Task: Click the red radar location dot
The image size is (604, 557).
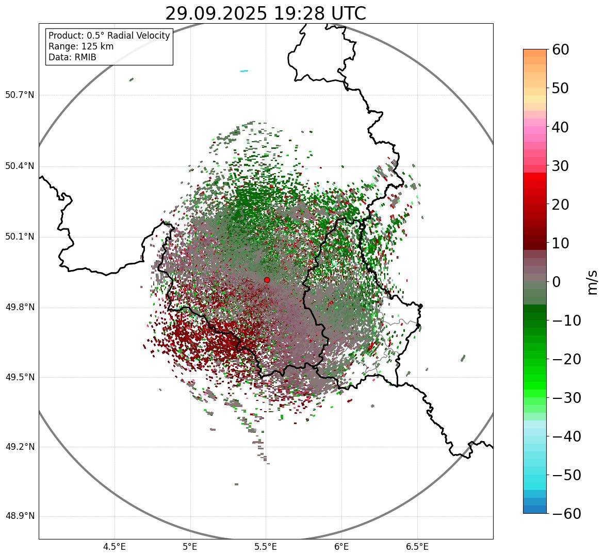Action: pyautogui.click(x=267, y=280)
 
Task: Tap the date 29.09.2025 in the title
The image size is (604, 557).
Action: pyautogui.click(x=216, y=14)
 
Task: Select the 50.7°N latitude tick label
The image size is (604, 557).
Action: pyautogui.click(x=20, y=95)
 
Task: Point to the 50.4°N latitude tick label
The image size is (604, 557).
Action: pyautogui.click(x=20, y=166)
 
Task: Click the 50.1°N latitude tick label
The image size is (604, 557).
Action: pyautogui.click(x=20, y=237)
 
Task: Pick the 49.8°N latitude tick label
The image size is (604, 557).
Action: pyautogui.click(x=20, y=308)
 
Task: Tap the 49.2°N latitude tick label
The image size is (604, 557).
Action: pyautogui.click(x=20, y=447)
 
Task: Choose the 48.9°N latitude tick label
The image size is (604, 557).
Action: pyautogui.click(x=20, y=516)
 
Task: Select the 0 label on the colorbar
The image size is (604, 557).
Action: pyautogui.click(x=556, y=282)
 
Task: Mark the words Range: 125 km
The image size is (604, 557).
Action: pyautogui.click(x=81, y=46)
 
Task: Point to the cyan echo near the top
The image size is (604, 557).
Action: pyautogui.click(x=244, y=71)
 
